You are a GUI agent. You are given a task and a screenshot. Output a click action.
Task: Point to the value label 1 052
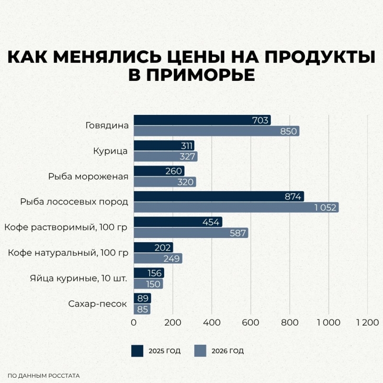click(326, 207)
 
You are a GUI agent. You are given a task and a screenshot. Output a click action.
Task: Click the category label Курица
click(110, 151)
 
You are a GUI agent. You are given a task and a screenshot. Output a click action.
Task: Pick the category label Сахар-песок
click(98, 304)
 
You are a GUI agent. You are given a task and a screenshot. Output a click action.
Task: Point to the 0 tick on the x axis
click(134, 323)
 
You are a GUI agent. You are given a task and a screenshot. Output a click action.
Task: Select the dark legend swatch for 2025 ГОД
click(137, 351)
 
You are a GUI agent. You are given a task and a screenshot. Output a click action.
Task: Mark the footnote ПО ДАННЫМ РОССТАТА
click(44, 376)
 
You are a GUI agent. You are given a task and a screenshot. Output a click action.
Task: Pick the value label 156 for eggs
click(154, 273)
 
